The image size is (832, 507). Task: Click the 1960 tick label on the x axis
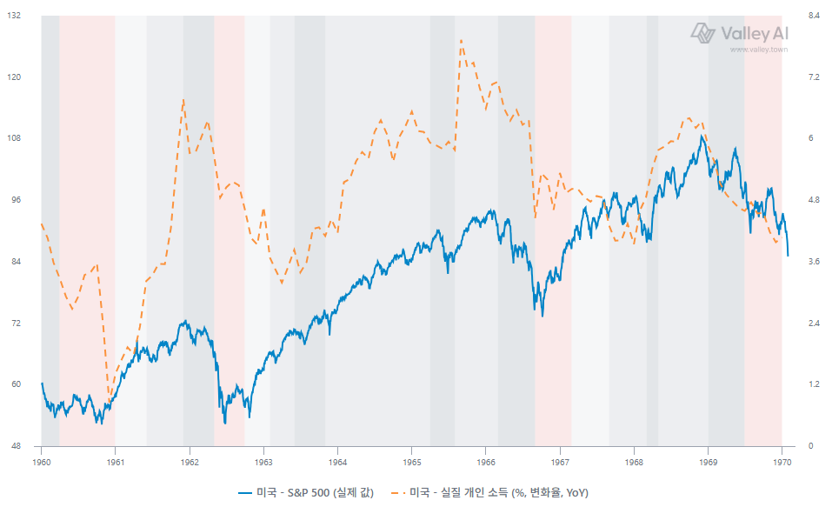click(x=42, y=463)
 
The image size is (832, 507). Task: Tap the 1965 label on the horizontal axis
click(x=412, y=463)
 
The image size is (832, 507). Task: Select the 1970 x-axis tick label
click(x=782, y=463)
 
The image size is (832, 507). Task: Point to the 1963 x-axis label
click(x=263, y=463)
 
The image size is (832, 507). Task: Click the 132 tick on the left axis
click(x=14, y=16)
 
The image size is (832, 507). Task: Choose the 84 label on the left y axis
click(x=16, y=261)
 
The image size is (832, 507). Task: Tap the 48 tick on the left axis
click(x=16, y=446)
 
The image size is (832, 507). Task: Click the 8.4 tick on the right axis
click(x=814, y=16)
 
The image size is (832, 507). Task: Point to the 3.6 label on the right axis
click(x=814, y=261)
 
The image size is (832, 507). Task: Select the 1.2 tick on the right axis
click(x=814, y=384)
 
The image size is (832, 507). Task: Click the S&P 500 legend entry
click(x=306, y=493)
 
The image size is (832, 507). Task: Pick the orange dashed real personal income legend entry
click(x=489, y=493)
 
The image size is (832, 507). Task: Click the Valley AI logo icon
click(x=703, y=33)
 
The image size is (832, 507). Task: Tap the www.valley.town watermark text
click(x=759, y=50)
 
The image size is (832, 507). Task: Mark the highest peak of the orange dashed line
click(x=461, y=40)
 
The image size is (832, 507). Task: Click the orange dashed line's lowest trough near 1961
click(x=110, y=401)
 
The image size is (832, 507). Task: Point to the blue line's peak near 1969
click(x=702, y=136)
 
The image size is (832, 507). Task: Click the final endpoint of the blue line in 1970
click(x=788, y=256)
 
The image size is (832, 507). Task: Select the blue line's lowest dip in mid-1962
click(x=225, y=424)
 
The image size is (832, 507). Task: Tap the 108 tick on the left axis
click(x=14, y=138)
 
